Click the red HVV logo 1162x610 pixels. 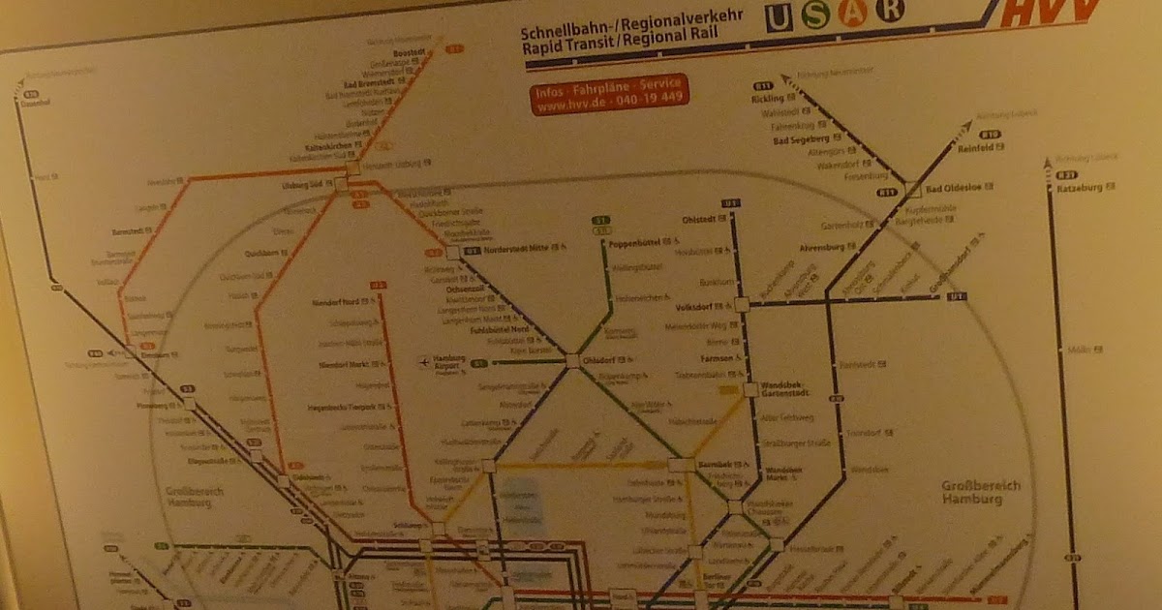pyautogui.click(x=1051, y=14)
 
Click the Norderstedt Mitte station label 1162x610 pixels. pyautogui.click(x=516, y=250)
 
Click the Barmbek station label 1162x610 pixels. pyautogui.click(x=722, y=465)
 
